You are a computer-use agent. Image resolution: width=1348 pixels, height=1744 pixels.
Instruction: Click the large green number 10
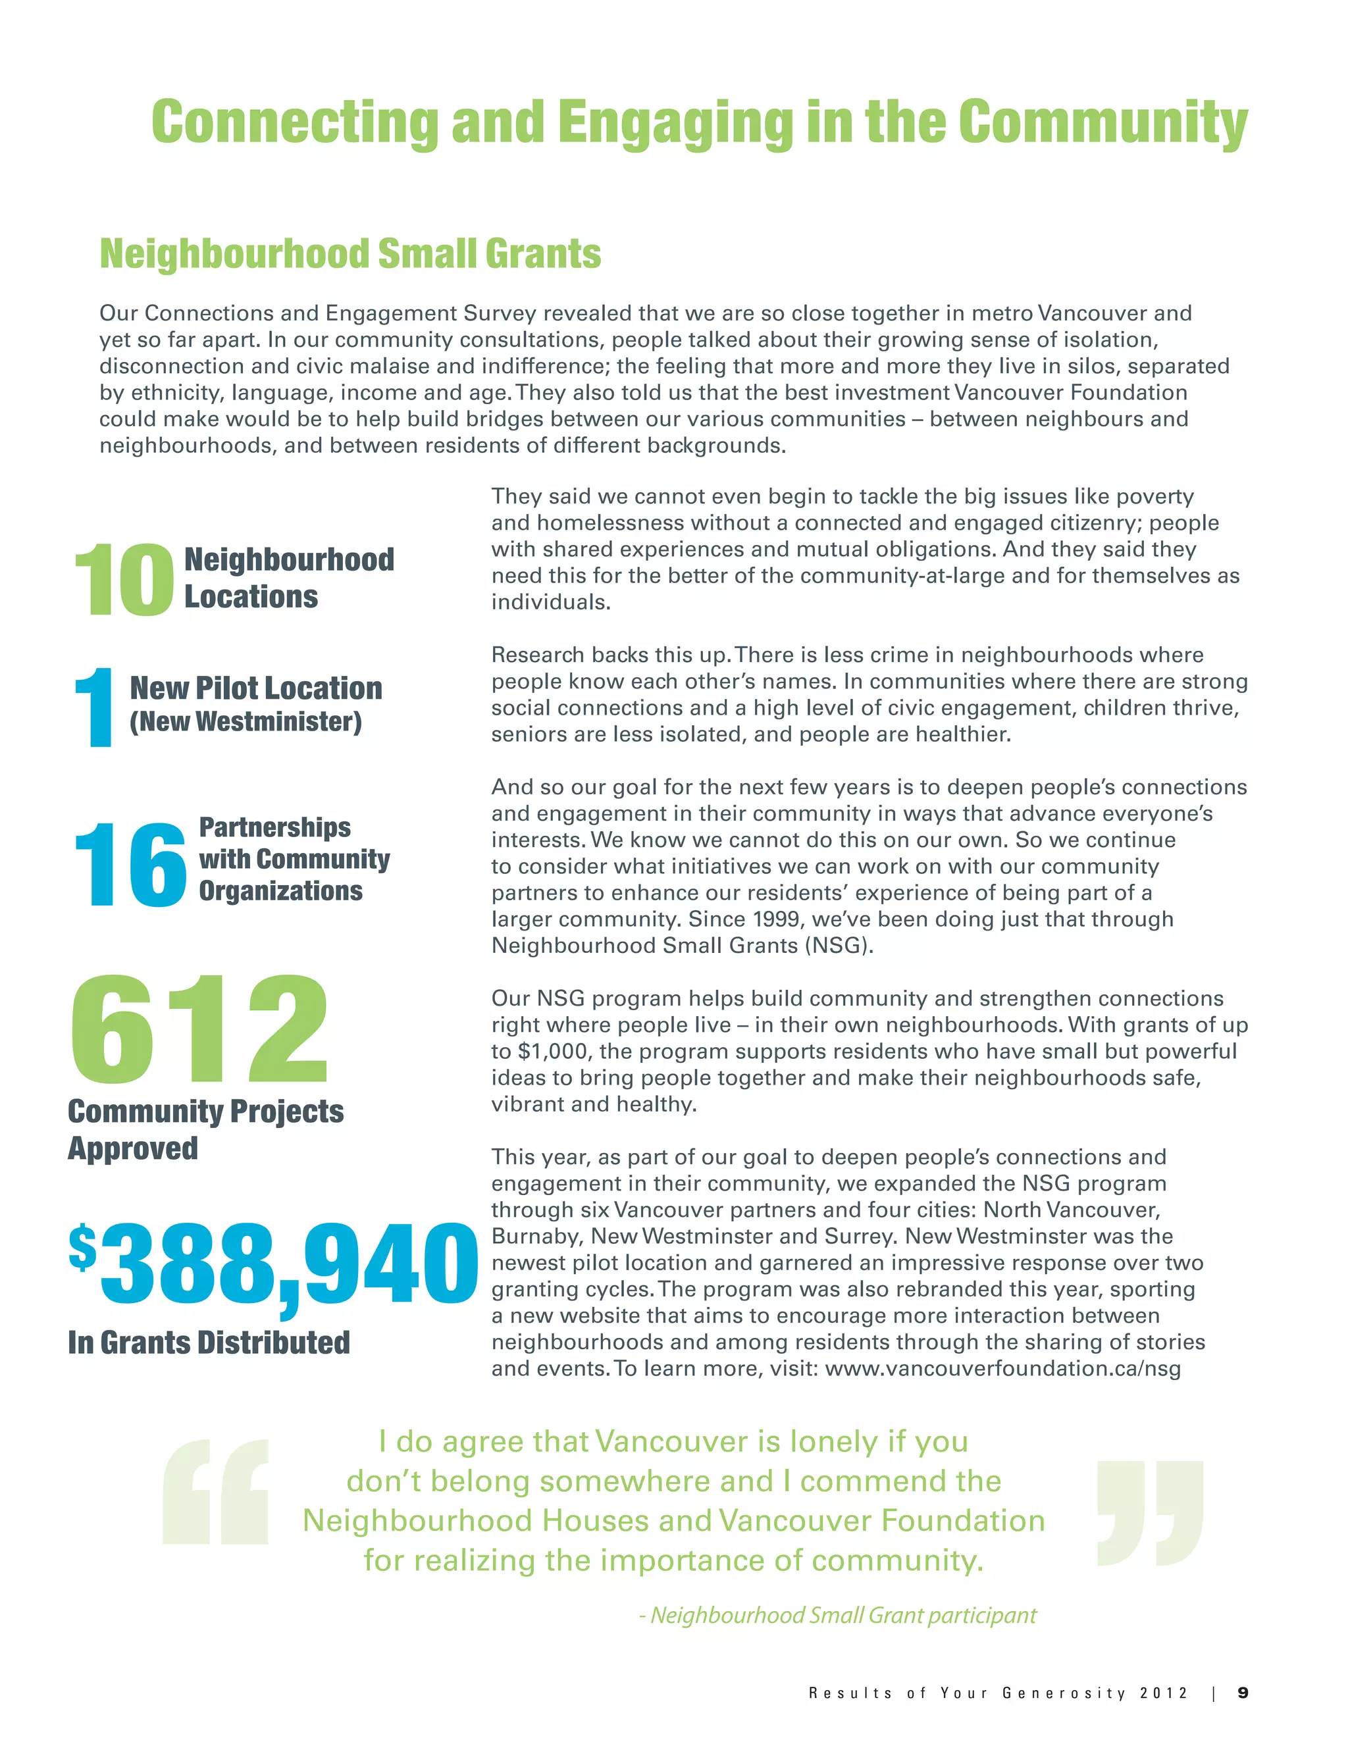pyautogui.click(x=123, y=580)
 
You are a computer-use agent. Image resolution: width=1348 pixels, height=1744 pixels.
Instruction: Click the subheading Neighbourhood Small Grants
pyautogui.click(x=350, y=254)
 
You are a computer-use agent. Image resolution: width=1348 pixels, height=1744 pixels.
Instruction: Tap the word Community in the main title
pyautogui.click(x=1102, y=122)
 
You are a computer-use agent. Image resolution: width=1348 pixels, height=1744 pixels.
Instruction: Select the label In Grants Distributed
pyautogui.click(x=209, y=1343)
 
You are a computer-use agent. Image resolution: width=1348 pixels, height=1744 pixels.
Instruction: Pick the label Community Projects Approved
pyautogui.click(x=205, y=1129)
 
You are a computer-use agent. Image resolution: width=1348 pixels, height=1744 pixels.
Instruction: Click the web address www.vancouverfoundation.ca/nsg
pyautogui.click(x=1003, y=1369)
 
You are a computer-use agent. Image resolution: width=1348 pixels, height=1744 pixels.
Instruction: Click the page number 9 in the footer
pyautogui.click(x=1243, y=1693)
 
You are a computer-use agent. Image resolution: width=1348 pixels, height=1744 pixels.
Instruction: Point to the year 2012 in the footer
pyautogui.click(x=1164, y=1693)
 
